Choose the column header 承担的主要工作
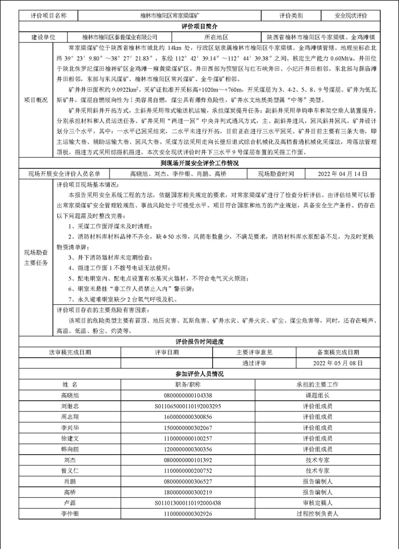tap(317, 384)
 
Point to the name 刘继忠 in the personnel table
tap(70, 406)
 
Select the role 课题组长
tap(317, 396)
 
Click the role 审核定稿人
tap(317, 503)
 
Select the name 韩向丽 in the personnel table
tap(70, 449)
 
